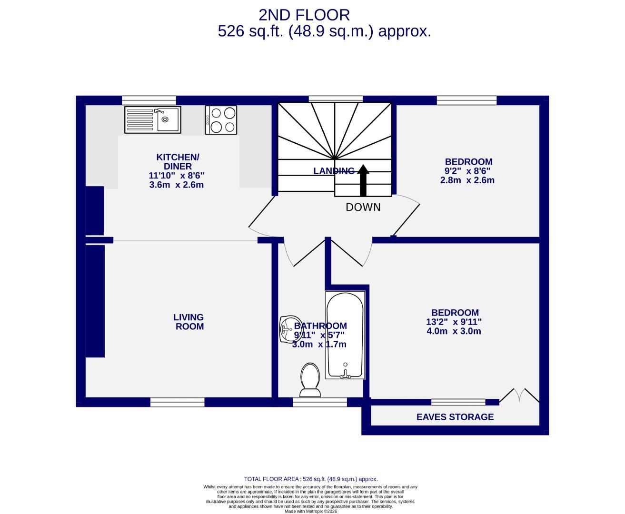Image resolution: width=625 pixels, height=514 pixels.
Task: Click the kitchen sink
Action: [153, 119]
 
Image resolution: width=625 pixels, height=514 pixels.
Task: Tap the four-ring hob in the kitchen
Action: [221, 119]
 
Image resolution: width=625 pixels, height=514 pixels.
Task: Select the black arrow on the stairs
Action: [363, 180]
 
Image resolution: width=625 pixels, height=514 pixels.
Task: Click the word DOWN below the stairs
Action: [363, 207]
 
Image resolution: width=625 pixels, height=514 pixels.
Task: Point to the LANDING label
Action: [334, 171]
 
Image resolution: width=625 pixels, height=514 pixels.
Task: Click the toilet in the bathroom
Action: [310, 379]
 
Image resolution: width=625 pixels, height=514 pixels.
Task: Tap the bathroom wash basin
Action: [289, 328]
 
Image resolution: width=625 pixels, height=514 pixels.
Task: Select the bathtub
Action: [345, 335]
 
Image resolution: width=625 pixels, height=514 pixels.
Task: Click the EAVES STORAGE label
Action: [455, 417]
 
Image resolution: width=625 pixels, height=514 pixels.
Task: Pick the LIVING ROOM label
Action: [189, 322]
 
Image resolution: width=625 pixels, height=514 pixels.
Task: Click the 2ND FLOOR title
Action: [304, 15]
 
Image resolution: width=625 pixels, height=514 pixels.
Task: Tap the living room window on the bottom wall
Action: [178, 403]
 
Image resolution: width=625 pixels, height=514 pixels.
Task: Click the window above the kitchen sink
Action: [149, 100]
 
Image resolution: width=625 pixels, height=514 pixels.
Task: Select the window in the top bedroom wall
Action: [466, 100]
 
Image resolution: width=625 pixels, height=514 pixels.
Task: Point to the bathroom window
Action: [320, 403]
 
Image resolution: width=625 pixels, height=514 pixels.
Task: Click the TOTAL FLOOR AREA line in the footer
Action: [310, 479]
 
